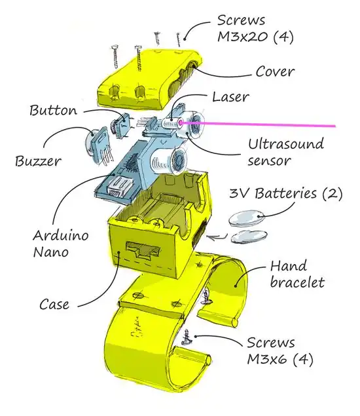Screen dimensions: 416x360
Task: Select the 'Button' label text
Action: pyautogui.click(x=54, y=109)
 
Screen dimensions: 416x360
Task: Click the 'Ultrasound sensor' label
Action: pyautogui.click(x=278, y=151)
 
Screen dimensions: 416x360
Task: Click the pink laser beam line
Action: pyautogui.click(x=275, y=124)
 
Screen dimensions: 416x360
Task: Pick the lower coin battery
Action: pyautogui.click(x=247, y=236)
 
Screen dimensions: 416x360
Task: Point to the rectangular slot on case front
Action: pyautogui.click(x=144, y=251)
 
